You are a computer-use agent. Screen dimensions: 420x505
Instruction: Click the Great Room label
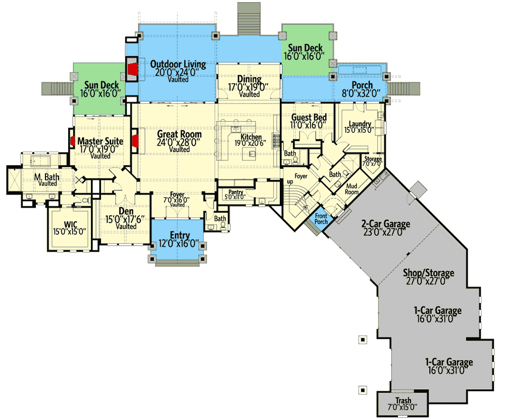[179, 134]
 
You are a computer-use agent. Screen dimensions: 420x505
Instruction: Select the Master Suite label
[100, 141]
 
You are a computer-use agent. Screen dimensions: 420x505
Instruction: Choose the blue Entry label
[180, 235]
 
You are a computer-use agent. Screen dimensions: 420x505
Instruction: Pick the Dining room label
[249, 79]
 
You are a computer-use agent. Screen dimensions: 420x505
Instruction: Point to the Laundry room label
[360, 124]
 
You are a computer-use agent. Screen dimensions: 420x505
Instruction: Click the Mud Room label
[351, 189]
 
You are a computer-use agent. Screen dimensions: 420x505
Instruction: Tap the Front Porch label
[321, 219]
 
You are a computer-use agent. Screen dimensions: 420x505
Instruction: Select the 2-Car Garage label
[385, 224]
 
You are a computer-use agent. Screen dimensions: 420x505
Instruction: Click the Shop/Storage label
[428, 273]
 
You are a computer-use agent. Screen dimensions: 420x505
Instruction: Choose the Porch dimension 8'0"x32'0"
[362, 93]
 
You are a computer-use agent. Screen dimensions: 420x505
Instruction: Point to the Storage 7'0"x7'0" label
[374, 160]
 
